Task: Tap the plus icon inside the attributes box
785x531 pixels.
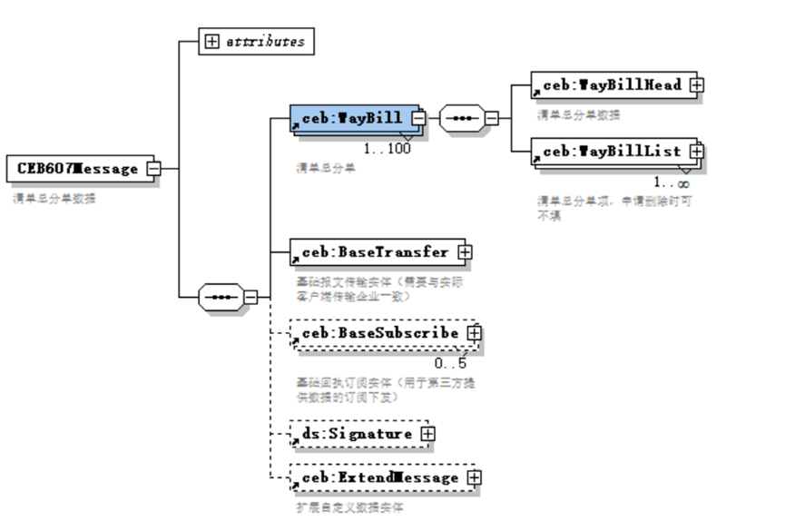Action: tap(212, 41)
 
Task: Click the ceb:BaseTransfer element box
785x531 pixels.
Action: tap(373, 251)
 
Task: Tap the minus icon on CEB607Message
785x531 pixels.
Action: tap(154, 169)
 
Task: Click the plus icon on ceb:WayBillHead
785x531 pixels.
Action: tap(696, 84)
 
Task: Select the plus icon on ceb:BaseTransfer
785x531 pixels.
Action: tap(465, 251)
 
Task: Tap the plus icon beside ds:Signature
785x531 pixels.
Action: tap(427, 434)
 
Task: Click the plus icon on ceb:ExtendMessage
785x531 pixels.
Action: tap(474, 477)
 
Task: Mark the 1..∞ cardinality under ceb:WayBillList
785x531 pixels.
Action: tap(672, 182)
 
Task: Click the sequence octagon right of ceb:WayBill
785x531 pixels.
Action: tap(461, 118)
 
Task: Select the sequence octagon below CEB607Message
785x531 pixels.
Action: tap(221, 297)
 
